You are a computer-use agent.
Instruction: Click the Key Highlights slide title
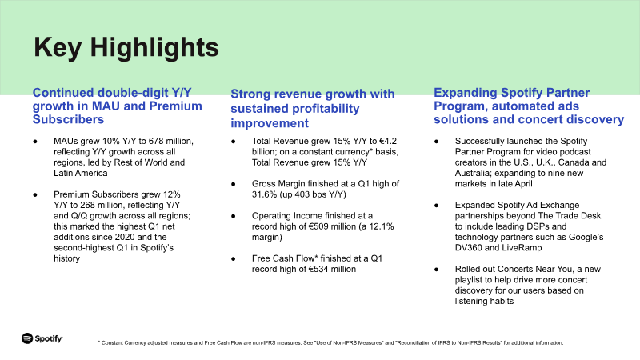click(x=126, y=46)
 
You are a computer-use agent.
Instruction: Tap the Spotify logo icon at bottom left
click(x=27, y=338)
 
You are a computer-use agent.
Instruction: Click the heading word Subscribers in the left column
click(x=68, y=120)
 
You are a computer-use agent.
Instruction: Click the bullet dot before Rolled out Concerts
click(x=436, y=269)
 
